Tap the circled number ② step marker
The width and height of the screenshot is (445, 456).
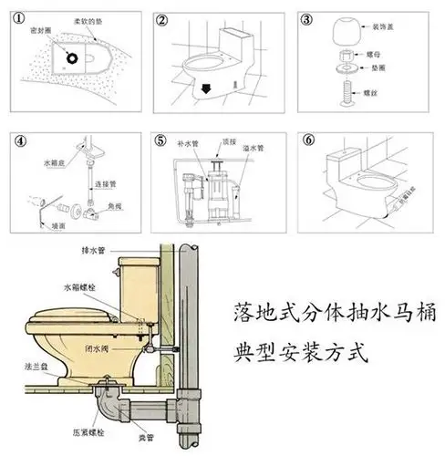160,19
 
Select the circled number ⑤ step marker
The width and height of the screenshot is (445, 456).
160,141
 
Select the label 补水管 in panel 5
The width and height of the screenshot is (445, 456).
187,145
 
